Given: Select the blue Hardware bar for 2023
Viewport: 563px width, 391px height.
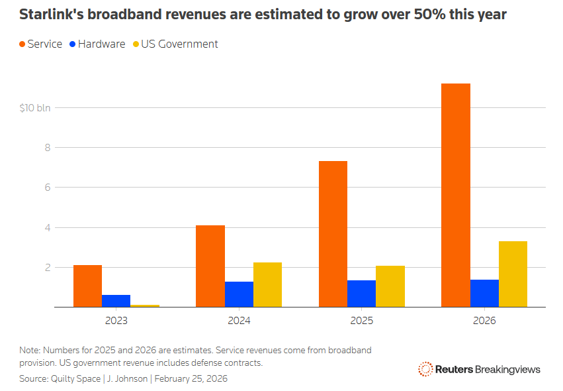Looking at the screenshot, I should point(116,301).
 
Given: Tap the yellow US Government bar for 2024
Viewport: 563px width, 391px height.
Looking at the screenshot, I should point(267,285).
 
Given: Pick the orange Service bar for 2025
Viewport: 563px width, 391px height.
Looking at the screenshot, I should point(333,234).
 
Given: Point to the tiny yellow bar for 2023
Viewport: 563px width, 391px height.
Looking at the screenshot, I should point(145,306).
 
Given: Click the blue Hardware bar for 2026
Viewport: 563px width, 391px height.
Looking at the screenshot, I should point(484,294).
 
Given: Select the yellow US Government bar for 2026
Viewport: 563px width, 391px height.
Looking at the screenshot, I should point(513,274).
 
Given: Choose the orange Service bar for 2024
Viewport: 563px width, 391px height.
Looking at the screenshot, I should point(210,266).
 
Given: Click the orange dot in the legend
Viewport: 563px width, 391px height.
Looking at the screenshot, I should point(22,44).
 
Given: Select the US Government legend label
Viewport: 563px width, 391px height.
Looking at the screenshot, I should point(180,44).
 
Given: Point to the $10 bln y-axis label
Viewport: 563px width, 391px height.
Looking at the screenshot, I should point(35,107).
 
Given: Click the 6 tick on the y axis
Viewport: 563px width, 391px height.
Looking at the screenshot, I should point(48,188).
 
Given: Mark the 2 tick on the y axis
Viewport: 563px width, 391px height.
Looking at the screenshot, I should point(48,268).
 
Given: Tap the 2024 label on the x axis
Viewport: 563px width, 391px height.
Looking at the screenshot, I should point(239,321).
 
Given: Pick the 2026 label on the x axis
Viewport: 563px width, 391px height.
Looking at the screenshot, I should point(484,321).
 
